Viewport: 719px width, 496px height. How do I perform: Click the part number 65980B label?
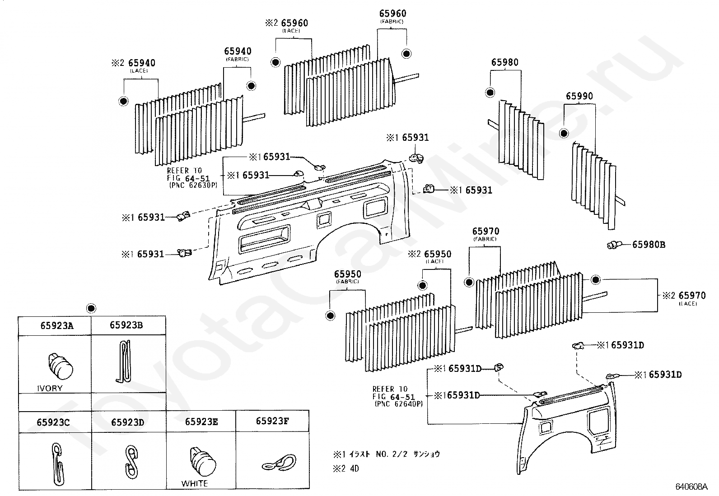point(649,245)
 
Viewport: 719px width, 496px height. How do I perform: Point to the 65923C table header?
point(53,422)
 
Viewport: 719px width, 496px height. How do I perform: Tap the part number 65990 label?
point(579,96)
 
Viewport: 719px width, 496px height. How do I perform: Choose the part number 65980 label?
point(505,62)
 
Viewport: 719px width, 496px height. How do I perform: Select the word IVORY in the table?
point(50,389)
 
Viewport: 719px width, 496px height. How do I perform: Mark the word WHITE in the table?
point(195,484)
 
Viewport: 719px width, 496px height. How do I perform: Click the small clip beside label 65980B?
point(613,245)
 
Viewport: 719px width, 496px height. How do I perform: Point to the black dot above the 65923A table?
point(91,308)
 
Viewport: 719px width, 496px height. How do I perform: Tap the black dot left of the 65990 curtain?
point(564,133)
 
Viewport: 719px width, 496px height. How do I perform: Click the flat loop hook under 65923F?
point(280,464)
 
